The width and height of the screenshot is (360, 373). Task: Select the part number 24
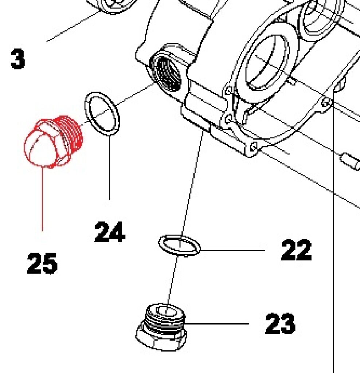point(110,232)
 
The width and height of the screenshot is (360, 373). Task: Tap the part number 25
point(42,263)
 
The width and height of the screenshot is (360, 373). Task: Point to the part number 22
point(296,250)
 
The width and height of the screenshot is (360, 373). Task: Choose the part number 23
point(279,323)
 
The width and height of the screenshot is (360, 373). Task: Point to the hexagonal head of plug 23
point(160,339)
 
